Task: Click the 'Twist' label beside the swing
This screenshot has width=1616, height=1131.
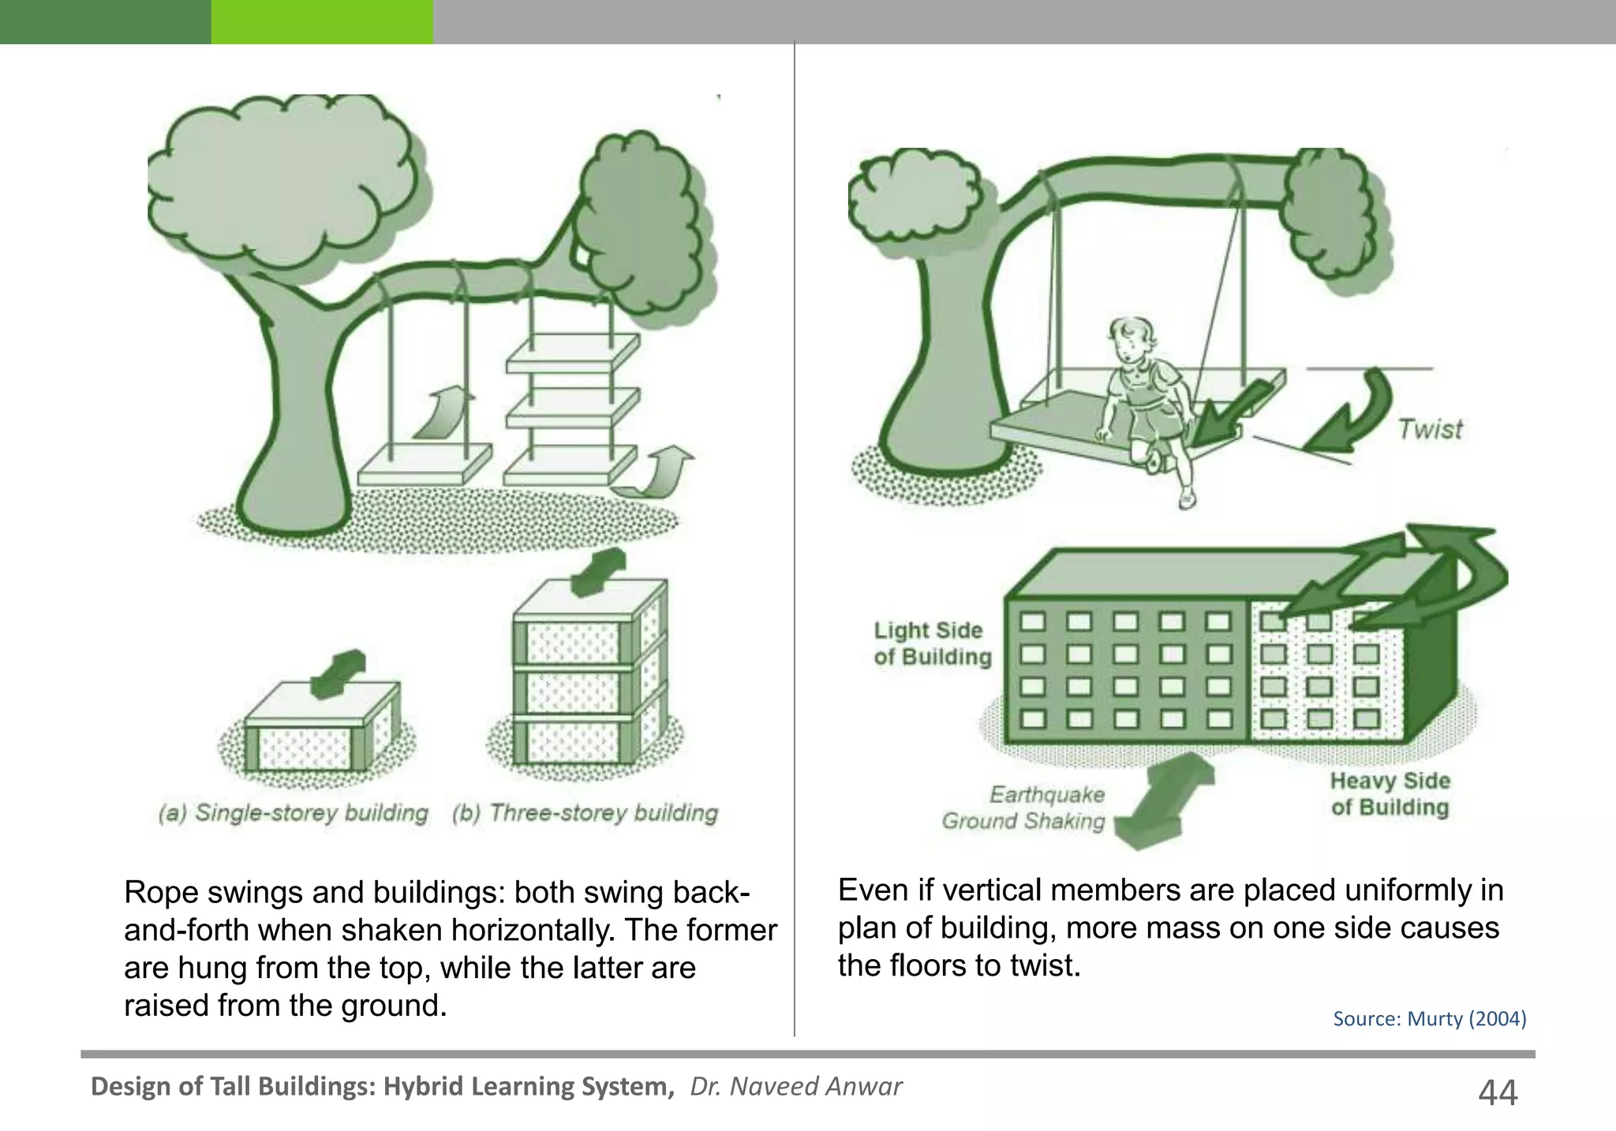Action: tap(1430, 429)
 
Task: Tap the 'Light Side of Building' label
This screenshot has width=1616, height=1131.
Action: tap(933, 644)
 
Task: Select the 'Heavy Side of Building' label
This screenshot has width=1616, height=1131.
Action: tap(1390, 793)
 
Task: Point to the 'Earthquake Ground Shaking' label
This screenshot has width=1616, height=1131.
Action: tap(1024, 808)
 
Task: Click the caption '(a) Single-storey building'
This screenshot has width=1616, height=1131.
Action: tap(294, 813)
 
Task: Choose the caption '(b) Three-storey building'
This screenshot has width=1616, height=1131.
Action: tap(585, 813)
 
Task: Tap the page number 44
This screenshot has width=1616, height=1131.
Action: tap(1497, 1092)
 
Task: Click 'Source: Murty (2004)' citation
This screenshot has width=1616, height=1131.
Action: tap(1430, 1018)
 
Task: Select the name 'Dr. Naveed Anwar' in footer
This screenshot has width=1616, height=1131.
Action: tap(796, 1086)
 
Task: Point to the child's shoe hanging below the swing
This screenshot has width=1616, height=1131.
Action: tap(1187, 497)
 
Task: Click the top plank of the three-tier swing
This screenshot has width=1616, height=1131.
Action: tap(573, 352)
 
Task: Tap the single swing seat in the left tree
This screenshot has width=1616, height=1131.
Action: tap(425, 465)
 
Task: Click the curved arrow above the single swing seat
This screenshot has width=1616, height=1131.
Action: tap(443, 411)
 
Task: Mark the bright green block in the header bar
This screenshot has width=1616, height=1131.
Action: tap(322, 21)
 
